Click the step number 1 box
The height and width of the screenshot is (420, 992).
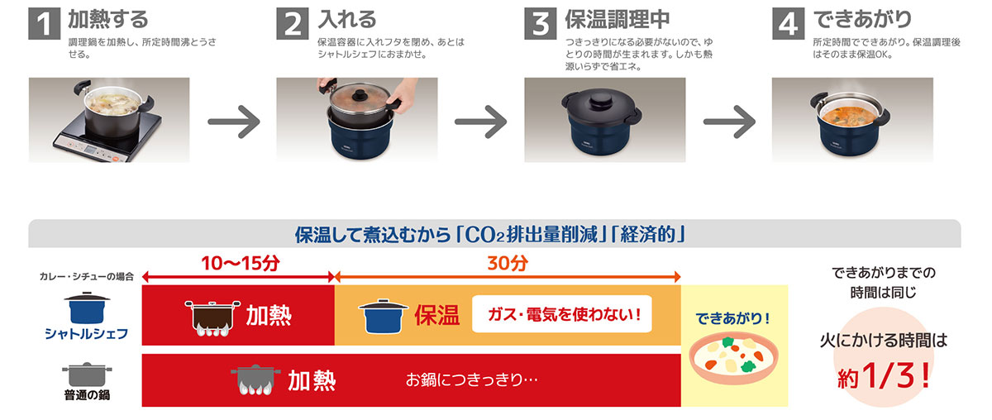45,23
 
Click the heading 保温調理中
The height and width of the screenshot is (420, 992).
617,19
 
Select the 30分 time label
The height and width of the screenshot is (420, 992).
507,264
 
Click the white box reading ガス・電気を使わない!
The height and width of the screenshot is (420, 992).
561,315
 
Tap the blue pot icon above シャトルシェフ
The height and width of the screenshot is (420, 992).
88,308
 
